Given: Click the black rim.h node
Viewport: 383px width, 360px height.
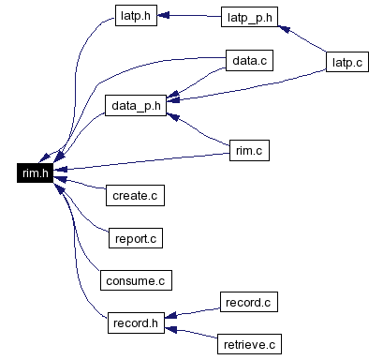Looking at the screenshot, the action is [x=35, y=172].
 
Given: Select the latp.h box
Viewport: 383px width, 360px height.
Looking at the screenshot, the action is [x=136, y=15].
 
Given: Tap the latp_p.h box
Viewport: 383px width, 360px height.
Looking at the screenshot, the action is [x=249, y=17].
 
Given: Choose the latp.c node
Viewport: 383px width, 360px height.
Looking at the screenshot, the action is [x=347, y=62].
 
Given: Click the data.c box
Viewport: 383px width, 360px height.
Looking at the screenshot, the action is [x=249, y=60].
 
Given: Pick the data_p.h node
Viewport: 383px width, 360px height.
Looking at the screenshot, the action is [x=136, y=106].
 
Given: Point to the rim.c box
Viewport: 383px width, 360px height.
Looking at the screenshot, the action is [x=249, y=150].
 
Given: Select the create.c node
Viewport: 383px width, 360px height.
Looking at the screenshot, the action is [x=135, y=195].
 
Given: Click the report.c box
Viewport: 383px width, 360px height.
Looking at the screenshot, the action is [x=136, y=238].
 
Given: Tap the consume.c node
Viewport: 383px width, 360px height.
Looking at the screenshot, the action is [x=136, y=280].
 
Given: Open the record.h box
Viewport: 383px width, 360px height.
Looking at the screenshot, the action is [x=136, y=322].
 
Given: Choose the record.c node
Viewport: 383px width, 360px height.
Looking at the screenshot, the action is [x=249, y=302].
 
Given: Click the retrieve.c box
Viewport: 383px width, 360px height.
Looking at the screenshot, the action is [x=249, y=344].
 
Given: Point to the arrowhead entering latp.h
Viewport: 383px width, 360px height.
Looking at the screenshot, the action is [x=163, y=15].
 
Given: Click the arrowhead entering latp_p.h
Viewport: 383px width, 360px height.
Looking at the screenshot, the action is [x=284, y=29].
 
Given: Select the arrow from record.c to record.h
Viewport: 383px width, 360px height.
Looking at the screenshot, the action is [x=192, y=313].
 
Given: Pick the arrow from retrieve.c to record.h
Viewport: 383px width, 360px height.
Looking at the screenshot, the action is [x=191, y=333].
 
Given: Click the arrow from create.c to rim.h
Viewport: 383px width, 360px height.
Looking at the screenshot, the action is [x=80, y=184].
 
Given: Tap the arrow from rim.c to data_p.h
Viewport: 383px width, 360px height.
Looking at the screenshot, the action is [x=199, y=130].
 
